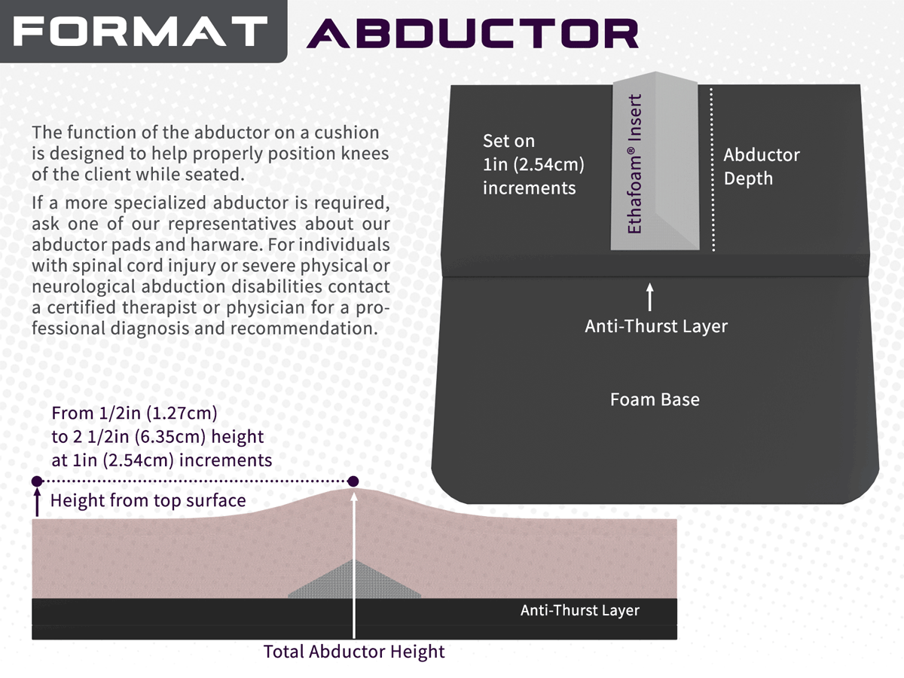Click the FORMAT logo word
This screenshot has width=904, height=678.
140,31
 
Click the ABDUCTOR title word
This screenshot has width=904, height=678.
473,33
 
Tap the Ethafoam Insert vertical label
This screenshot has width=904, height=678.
634,163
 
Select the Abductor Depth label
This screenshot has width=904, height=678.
762,166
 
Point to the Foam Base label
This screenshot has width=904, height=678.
655,399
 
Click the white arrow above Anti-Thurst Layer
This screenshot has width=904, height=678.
650,297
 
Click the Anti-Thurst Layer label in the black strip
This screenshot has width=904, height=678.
580,610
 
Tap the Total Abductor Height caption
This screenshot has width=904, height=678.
354,652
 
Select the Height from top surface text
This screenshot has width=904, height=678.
148,500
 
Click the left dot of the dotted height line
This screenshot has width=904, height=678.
37,481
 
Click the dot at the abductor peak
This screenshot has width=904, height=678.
353,481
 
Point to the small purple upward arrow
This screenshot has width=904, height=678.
37,502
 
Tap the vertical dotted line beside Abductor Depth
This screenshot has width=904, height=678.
713,169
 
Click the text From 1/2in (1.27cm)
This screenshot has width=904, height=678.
134,414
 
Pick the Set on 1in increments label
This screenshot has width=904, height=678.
534,165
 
